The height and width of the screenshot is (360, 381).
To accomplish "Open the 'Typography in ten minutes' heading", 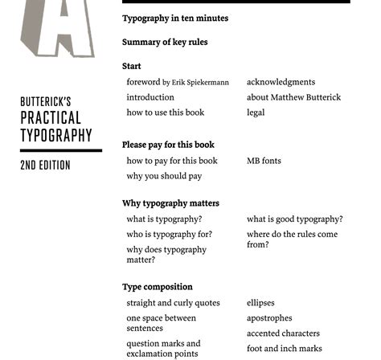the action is (175, 18).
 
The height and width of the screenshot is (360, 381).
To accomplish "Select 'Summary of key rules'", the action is (165, 43).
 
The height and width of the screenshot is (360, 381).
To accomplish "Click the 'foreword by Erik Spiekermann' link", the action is (178, 82).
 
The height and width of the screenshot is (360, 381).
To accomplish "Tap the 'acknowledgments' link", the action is (281, 82).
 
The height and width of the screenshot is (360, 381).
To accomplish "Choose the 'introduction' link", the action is (150, 97).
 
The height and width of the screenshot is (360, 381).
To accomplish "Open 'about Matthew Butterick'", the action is (293, 97).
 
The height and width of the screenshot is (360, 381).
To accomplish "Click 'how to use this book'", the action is (166, 112).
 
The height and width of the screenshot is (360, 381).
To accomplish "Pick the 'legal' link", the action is (256, 112).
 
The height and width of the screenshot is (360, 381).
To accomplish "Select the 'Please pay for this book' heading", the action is (168, 145).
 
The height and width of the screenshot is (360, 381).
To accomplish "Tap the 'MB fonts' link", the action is (264, 161).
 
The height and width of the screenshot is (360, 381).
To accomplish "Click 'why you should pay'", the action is (164, 176).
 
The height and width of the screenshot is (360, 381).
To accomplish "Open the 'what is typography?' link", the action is (164, 219).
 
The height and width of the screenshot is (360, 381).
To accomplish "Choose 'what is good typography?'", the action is (294, 219).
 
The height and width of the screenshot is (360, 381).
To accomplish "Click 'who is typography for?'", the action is (169, 235).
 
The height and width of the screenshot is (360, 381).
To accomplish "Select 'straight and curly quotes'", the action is (173, 303).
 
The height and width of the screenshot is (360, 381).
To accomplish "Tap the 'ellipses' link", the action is (260, 303).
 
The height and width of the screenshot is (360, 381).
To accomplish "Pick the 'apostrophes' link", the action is (269, 318).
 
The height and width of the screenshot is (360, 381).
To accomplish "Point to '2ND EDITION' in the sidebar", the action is (45, 165).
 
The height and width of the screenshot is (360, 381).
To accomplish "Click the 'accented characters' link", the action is (283, 333).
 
